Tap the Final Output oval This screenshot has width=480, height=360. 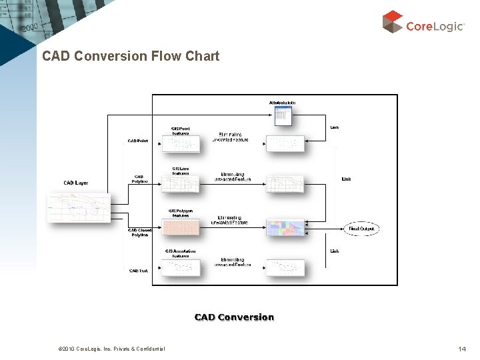pyautogui.click(x=363, y=229)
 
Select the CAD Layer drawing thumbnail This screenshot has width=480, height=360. pyautogui.click(x=78, y=207)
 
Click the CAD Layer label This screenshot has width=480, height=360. pyautogui.click(x=75, y=183)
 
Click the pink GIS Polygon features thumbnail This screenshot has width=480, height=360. pyautogui.click(x=180, y=227)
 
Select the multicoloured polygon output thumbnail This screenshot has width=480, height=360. pyautogui.click(x=285, y=227)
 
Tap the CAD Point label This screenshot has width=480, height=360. pyautogui.click(x=139, y=141)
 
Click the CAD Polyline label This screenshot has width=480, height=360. pyautogui.click(x=139, y=179)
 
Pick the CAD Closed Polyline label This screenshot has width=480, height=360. pyautogui.click(x=139, y=233)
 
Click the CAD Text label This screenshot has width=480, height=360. pyautogui.click(x=139, y=271)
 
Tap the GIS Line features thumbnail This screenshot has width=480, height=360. pyautogui.click(x=180, y=184)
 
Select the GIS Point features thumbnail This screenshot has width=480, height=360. pyautogui.click(x=180, y=143)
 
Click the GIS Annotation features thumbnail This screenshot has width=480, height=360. pyautogui.click(x=180, y=267)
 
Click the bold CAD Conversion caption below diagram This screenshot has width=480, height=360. pyautogui.click(x=234, y=317)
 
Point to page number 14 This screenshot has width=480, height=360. pyautogui.click(x=462, y=349)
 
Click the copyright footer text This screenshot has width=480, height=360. pyautogui.click(x=103, y=349)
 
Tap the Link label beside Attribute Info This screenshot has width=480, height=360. pyautogui.click(x=334, y=127)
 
